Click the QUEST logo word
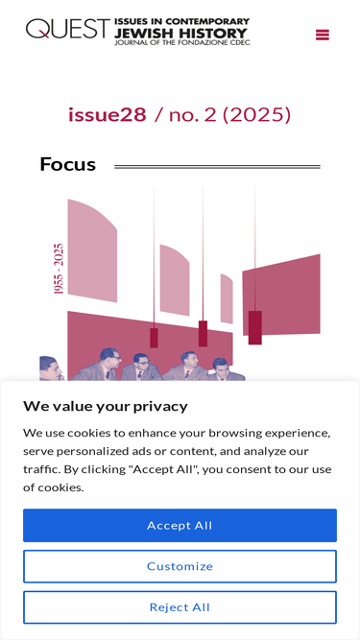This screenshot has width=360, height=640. click(x=68, y=29)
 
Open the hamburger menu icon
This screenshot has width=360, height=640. click(x=323, y=35)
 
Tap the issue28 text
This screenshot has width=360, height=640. click(x=107, y=114)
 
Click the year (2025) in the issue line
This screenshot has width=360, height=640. click(x=256, y=115)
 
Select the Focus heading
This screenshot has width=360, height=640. click(x=68, y=164)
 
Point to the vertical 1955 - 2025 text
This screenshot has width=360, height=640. click(x=59, y=269)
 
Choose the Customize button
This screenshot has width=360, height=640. click(x=180, y=566)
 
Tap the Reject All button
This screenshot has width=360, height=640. click(x=180, y=607)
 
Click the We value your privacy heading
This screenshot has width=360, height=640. click(x=106, y=406)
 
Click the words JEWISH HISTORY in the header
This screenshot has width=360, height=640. click(x=180, y=33)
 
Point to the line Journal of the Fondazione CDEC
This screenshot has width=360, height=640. click(x=182, y=42)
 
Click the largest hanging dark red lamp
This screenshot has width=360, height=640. click(x=255, y=327)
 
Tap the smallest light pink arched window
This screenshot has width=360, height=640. click(x=227, y=298)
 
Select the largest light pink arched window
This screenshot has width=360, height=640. click(x=93, y=250)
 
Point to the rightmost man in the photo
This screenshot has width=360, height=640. click(x=226, y=369)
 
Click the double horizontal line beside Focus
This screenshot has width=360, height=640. click(x=217, y=167)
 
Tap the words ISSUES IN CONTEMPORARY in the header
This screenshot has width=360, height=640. click(x=182, y=22)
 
